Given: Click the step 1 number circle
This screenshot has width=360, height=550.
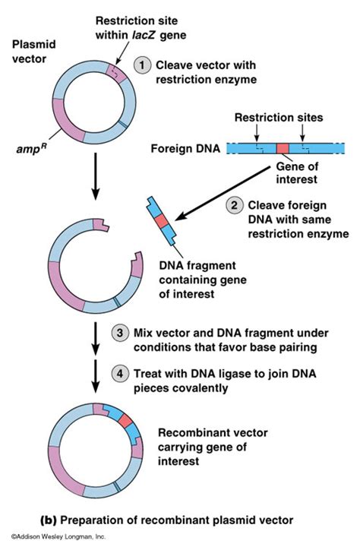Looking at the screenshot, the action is pyautogui.click(x=142, y=65).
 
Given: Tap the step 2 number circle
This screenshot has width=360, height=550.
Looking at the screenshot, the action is pyautogui.click(x=235, y=205).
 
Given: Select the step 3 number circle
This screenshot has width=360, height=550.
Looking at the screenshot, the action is pyautogui.click(x=120, y=333).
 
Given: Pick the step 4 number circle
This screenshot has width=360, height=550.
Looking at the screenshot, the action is pyautogui.click(x=120, y=373).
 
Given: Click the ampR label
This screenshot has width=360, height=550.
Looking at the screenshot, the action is pyautogui.click(x=32, y=149).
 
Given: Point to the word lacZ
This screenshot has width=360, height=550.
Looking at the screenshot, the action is pyautogui.click(x=144, y=35).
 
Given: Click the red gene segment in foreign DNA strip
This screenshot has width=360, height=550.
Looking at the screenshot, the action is pyautogui.click(x=283, y=148).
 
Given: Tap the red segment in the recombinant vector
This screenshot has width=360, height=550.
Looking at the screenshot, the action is pyautogui.click(x=125, y=419).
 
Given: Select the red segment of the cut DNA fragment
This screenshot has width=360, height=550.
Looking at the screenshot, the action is pyautogui.click(x=161, y=221).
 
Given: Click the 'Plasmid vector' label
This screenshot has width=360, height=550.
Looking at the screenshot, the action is pyautogui.click(x=33, y=51).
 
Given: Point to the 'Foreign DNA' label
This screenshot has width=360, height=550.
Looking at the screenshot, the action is pyautogui.click(x=185, y=148).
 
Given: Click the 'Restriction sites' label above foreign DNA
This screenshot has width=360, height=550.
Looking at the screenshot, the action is pyautogui.click(x=279, y=117).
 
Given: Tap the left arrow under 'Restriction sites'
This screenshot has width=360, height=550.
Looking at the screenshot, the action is pyautogui.click(x=257, y=132).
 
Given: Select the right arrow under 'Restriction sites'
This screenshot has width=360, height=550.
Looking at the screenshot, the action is pyautogui.click(x=302, y=132).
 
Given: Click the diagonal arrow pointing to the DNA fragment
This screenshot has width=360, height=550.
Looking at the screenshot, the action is pyautogui.click(x=223, y=193).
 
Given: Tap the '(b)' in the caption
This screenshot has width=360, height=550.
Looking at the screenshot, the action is pyautogui.click(x=49, y=520).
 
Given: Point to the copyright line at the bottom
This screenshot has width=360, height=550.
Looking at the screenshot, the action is pyautogui.click(x=58, y=536).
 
